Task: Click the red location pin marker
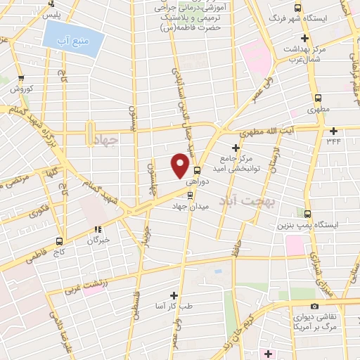[181, 165]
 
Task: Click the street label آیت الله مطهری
[268, 131]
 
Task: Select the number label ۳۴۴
[333, 142]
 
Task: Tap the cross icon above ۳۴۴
[333, 130]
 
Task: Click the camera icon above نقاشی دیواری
[314, 306]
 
